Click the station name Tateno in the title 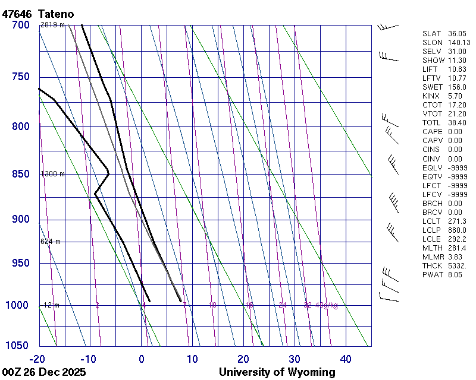[x=56, y=14]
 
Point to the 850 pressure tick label [x=21, y=175]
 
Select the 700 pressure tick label [x=21, y=25]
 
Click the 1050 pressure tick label [x=18, y=346]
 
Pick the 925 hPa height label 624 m [x=51, y=242]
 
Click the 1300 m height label [x=52, y=174]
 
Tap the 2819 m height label [x=52, y=25]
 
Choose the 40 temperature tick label [x=346, y=359]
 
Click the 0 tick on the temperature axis [x=142, y=359]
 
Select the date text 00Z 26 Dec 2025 [x=44, y=372]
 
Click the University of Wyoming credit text [x=277, y=372]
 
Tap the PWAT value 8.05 [x=455, y=274]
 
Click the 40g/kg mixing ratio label [x=327, y=305]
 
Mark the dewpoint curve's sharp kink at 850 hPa [x=108, y=172]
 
